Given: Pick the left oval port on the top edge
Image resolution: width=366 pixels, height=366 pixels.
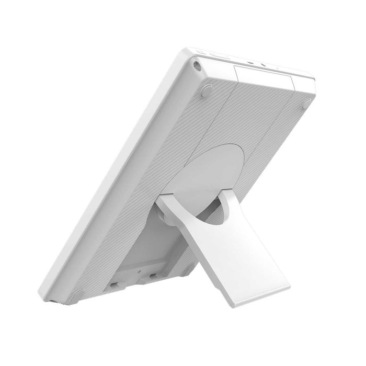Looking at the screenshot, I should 252,60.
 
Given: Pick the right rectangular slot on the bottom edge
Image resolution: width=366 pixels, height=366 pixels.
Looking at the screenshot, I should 153,276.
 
